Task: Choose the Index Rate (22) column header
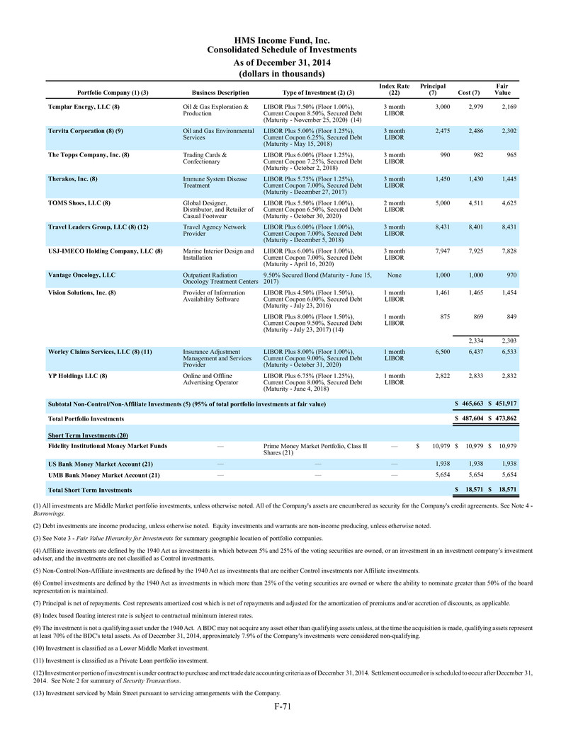pyautogui.click(x=394, y=90)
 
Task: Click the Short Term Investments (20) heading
pyautogui.click(x=87, y=434)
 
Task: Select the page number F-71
pyautogui.click(x=283, y=706)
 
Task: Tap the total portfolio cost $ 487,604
pyautogui.click(x=468, y=419)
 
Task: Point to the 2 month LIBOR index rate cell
pyautogui.click(x=394, y=206)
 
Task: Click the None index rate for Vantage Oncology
pyautogui.click(x=394, y=275)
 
